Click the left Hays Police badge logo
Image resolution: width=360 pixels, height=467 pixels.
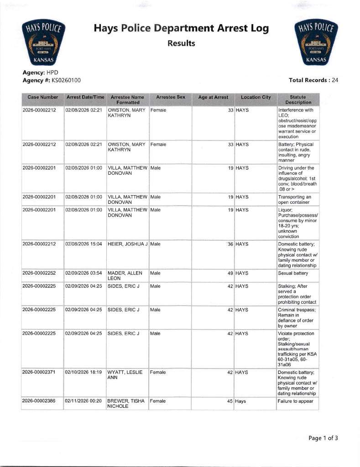pos(44,44)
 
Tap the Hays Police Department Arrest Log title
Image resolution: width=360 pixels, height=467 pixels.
pos(181,29)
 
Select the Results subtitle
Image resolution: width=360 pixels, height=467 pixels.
pos(181,44)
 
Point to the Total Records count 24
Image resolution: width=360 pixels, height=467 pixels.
pos(335,80)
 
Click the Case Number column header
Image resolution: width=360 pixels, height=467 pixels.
pos(42,98)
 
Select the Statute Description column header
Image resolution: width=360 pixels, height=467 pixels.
pos(297,100)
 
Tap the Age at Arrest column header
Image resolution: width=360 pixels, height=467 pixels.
pos(213,98)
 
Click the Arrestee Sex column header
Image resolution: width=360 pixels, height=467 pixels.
pos(170,98)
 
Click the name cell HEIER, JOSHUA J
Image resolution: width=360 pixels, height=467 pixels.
pos(127,244)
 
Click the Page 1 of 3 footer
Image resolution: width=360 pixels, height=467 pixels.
pos(323,438)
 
